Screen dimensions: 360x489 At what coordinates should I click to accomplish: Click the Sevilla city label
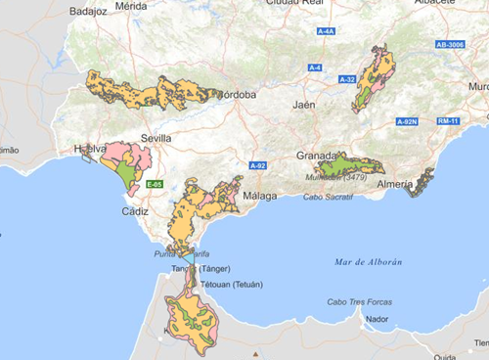pos(156,138)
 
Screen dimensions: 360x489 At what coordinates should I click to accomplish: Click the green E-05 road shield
pos(154,184)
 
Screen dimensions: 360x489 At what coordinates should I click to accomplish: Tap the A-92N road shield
pos(407,121)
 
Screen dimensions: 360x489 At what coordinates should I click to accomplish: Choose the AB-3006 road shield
pos(451,45)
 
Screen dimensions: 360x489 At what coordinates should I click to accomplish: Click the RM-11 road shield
pos(449,121)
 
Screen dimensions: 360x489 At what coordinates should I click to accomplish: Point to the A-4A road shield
pos(327,31)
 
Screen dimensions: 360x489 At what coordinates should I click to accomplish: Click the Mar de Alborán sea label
pos(369,261)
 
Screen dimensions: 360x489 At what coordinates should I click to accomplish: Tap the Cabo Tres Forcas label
pos(360,302)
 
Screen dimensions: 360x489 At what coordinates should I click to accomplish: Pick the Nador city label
pos(376,319)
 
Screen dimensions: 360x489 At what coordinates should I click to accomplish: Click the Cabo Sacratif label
pos(327,197)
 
